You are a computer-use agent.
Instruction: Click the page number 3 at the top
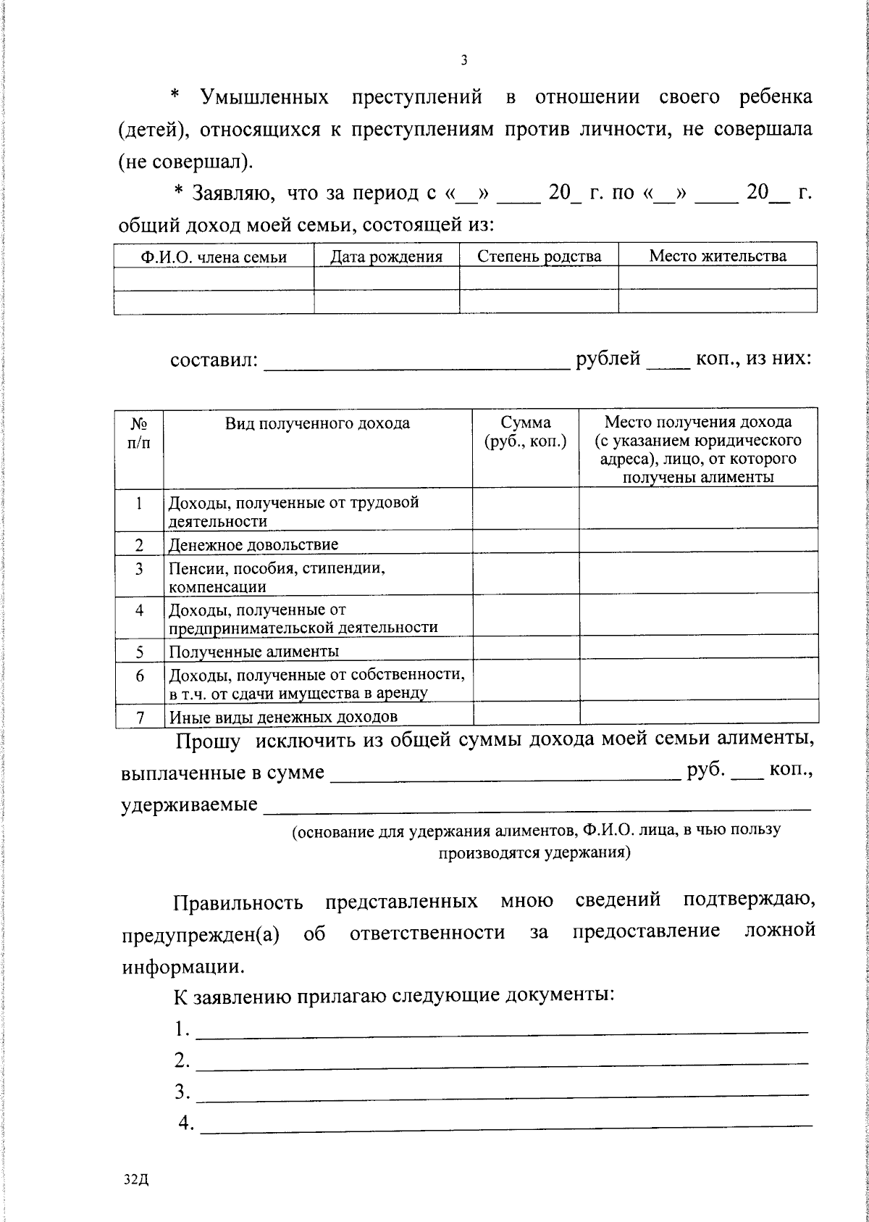[463, 61]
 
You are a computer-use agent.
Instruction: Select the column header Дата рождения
[386, 257]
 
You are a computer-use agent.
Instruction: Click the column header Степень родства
[539, 257]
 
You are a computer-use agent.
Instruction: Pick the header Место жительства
[717, 256]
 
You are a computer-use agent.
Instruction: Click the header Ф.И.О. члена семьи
[214, 257]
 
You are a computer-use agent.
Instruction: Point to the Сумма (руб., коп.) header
[526, 432]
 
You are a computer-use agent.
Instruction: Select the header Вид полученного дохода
[317, 423]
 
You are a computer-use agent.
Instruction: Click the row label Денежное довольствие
[253, 544]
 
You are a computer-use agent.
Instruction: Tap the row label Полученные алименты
[253, 651]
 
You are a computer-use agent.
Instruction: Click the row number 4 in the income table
[139, 610]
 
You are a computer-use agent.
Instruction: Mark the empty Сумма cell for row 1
[526, 510]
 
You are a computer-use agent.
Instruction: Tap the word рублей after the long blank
[608, 359]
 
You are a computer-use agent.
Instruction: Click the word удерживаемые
[188, 805]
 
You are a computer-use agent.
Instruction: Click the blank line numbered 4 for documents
[505, 1123]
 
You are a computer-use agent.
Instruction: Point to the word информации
[182, 967]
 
